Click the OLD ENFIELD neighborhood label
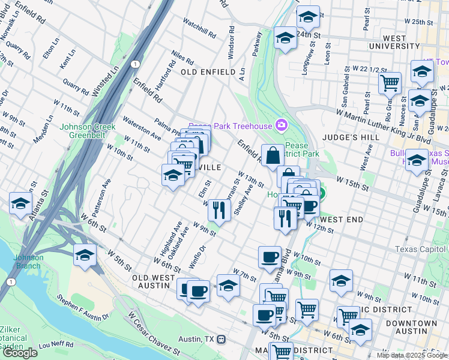point(208,72)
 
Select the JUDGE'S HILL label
point(385,137)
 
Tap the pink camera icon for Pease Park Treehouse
point(280,125)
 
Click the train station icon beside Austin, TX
point(221,339)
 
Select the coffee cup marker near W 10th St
point(270,257)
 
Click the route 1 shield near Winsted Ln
point(136,64)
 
